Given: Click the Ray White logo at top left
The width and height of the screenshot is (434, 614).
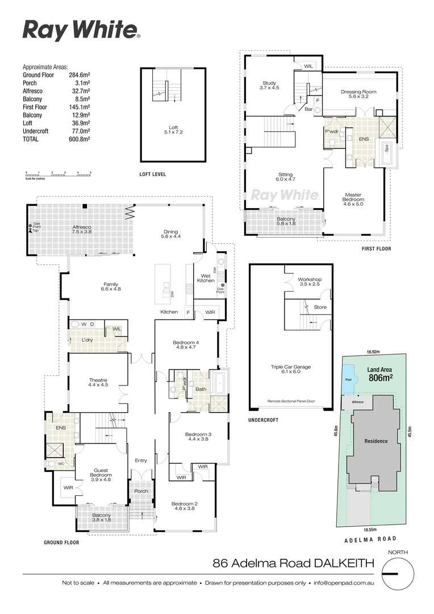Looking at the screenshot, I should point(81,30).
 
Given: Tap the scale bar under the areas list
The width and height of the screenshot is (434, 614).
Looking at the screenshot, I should point(59,173).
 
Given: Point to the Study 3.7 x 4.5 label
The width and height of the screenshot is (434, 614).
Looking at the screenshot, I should point(269,85).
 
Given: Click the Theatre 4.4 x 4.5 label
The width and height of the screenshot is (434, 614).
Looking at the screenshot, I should point(98,382).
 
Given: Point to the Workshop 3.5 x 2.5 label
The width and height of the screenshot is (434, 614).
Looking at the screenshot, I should point(310,283).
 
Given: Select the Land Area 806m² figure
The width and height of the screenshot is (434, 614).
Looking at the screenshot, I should point(381,374).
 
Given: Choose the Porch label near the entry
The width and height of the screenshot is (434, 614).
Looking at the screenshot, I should point(141,491).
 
